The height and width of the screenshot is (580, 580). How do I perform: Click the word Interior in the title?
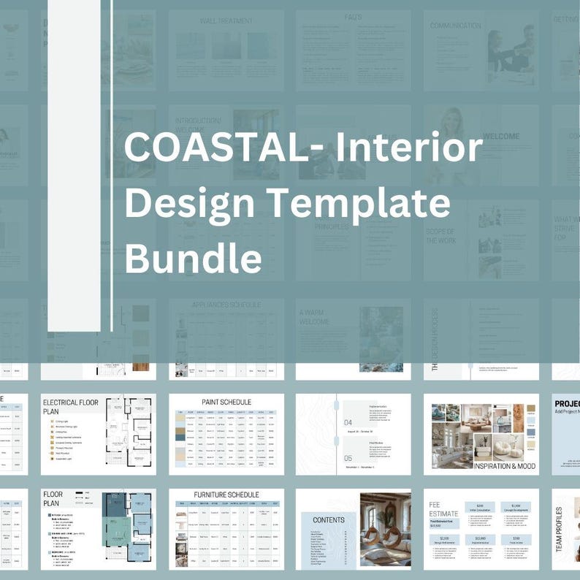pos(409,150)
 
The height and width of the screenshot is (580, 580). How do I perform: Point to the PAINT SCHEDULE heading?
pos(226,402)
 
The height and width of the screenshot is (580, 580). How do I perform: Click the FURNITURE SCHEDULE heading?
pos(226,495)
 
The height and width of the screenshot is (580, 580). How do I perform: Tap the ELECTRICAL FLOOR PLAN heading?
pos(70,408)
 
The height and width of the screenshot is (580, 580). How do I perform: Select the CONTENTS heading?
pos(329,520)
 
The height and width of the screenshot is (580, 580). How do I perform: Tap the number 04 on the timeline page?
pos(348,422)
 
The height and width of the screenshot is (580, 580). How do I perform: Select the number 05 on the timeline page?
pos(348,458)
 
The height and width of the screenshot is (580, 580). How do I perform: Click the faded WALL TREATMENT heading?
pos(226,21)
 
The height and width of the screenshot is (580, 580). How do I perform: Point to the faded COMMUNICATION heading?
pos(455,26)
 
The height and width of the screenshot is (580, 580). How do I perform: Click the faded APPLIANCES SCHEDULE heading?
pos(226,305)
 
